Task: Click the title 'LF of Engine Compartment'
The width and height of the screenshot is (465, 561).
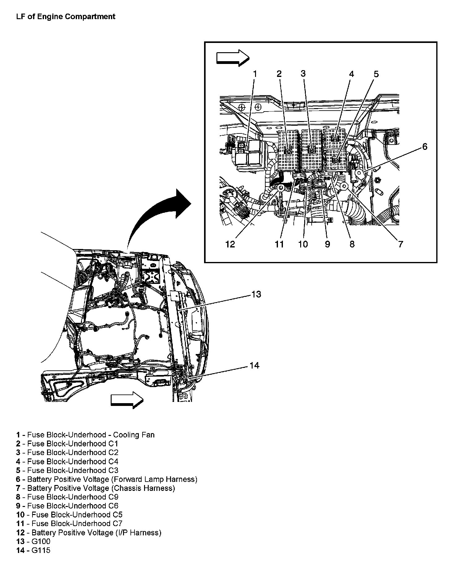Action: coord(66,17)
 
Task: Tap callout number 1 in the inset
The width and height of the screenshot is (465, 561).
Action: coord(255,74)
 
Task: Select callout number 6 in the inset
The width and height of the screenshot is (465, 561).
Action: coord(425,147)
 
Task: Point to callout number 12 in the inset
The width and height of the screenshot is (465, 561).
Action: coord(230,244)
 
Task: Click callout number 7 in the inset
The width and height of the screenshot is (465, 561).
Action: coord(400,244)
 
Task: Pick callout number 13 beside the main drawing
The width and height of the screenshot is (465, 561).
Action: coord(256,294)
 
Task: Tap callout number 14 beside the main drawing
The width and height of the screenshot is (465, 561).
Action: coord(254,365)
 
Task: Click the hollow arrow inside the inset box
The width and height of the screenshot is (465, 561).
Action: coord(232,58)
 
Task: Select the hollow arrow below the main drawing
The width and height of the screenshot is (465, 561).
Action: coord(127,400)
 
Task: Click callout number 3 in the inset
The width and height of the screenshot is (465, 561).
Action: coord(303,74)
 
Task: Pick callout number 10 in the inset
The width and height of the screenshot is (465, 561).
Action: coord(303,244)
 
